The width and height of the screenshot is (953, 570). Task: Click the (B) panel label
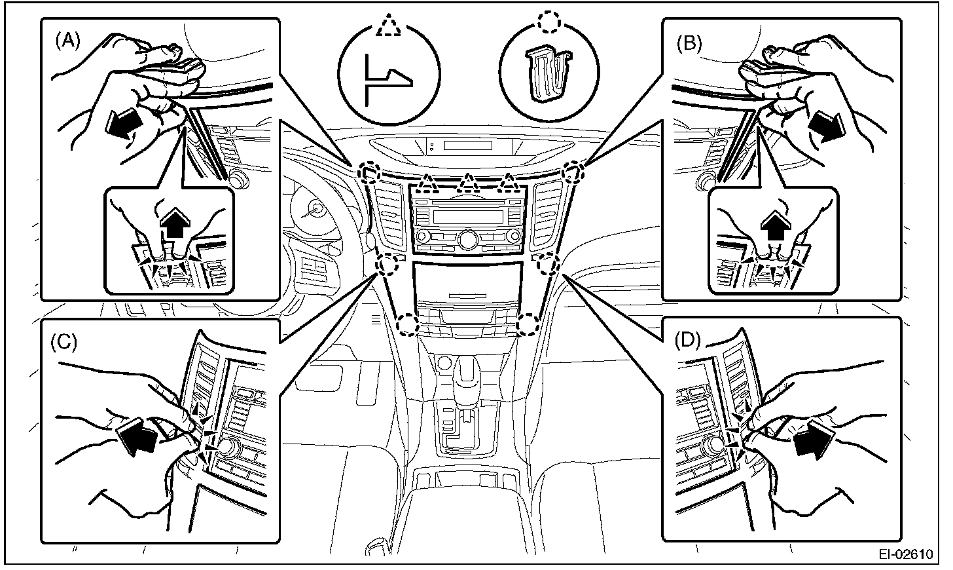689,43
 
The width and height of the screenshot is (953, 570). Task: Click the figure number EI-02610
905,554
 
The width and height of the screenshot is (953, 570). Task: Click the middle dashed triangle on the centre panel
467,184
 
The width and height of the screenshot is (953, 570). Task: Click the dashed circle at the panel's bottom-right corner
528,323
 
